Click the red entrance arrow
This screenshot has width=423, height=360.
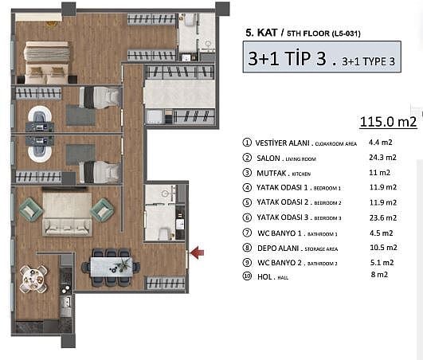tap(198, 252)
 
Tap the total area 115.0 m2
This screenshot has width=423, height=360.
tap(388, 122)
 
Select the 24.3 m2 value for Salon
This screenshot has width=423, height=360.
tap(382, 157)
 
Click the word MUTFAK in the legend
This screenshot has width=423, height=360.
tap(271, 173)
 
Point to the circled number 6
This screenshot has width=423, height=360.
tap(247, 217)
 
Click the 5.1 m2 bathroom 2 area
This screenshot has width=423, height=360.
tap(382, 262)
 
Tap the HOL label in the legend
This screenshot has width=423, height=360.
tap(264, 276)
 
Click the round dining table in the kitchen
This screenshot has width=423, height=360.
tap(33, 279)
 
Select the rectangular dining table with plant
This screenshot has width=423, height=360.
tap(112, 267)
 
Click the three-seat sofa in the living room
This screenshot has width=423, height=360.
tap(67, 228)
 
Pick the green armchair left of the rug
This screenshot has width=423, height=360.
tap(30, 209)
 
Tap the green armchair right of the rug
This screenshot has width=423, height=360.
tap(102, 210)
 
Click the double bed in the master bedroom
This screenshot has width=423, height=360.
tap(47, 63)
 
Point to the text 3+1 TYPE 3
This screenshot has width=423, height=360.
tap(368, 62)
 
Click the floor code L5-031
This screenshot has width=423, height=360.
tap(347, 33)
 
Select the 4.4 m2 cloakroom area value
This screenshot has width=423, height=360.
tap(380, 142)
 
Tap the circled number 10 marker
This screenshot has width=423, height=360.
tap(247, 276)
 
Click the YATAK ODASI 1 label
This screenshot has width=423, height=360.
tap(282, 187)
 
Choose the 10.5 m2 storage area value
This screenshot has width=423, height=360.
tap(383, 247)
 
